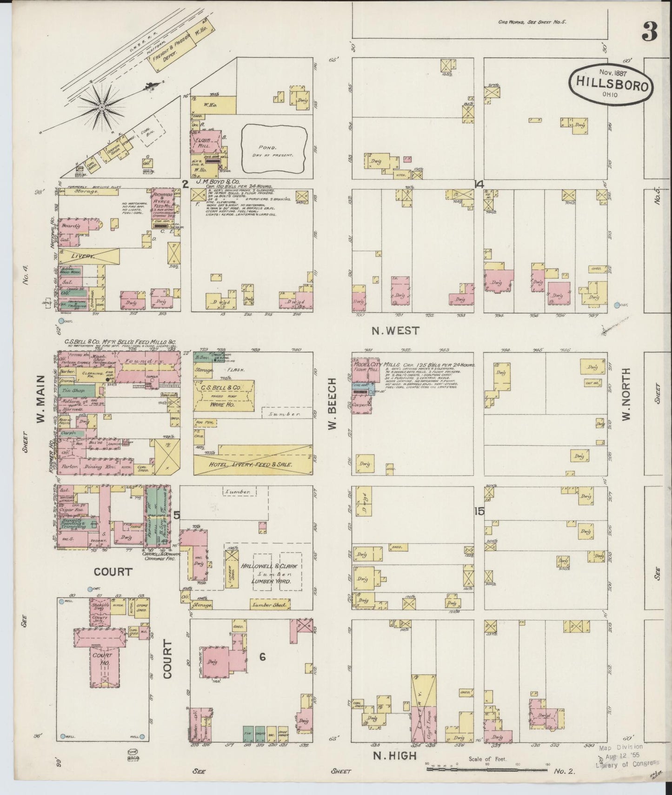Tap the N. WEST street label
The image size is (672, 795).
pos(395,331)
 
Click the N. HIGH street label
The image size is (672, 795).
pos(395,756)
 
